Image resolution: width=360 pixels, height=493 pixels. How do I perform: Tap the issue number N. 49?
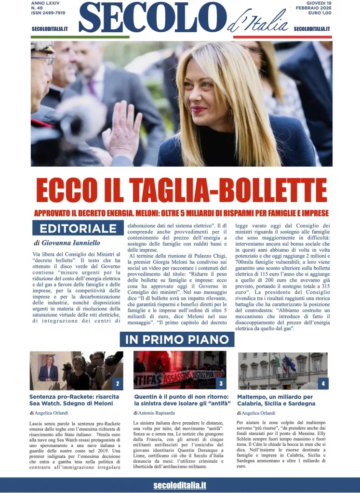37,8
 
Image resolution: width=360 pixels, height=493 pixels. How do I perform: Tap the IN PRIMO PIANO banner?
177,339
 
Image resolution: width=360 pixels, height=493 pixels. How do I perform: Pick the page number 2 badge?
117,384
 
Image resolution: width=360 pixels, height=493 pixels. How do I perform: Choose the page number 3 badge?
220,384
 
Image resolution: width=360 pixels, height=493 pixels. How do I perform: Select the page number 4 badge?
322,384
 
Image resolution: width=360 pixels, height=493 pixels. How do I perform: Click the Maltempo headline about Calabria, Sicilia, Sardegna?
275,400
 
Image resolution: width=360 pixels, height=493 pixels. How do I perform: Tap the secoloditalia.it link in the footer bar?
180,485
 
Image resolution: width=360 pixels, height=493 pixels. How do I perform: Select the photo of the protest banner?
179,370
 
